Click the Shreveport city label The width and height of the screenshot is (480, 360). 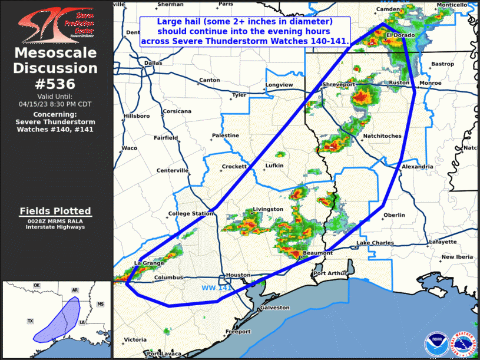pyautogui.click(x=339, y=85)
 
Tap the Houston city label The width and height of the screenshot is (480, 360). pyautogui.click(x=238, y=275)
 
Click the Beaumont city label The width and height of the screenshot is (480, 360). pyautogui.click(x=317, y=253)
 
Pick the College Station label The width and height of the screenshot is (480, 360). pyautogui.click(x=191, y=213)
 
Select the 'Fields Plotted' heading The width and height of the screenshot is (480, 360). pyautogui.click(x=55, y=211)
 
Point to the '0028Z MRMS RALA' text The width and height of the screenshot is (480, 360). pyautogui.click(x=55, y=221)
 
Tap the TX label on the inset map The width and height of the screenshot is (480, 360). pyautogui.click(x=30, y=321)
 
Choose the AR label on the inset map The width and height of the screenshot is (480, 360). pyautogui.click(x=75, y=290)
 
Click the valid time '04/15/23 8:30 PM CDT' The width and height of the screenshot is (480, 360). pyautogui.click(x=55, y=104)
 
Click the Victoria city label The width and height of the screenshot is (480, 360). pyautogui.click(x=135, y=340)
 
